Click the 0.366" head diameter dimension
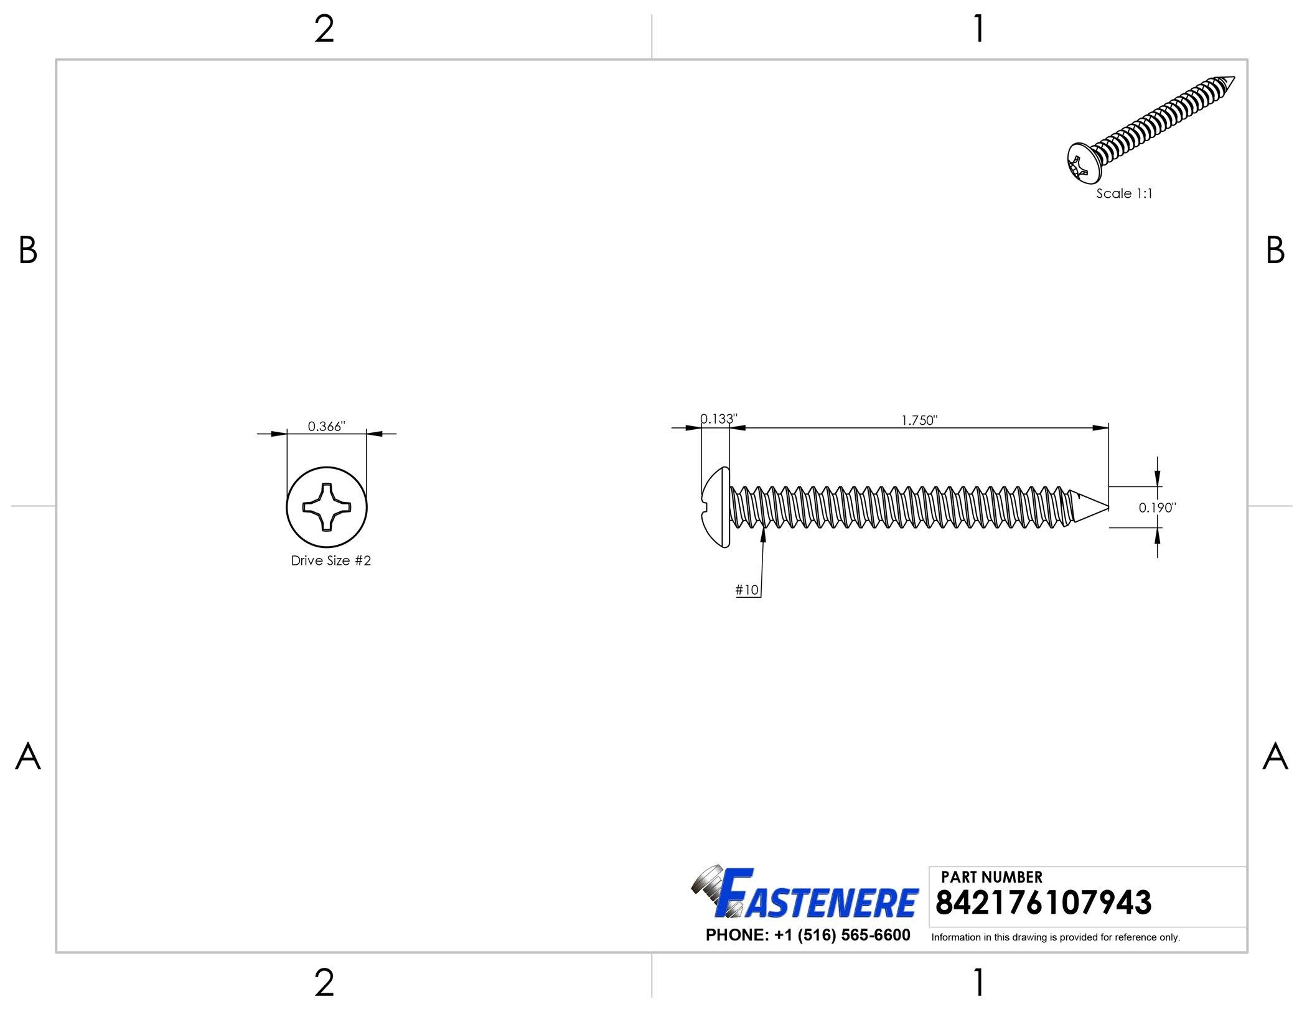tap(326, 426)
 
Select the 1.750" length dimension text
tap(919, 420)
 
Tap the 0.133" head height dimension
tap(719, 419)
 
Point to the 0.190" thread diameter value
tap(1158, 508)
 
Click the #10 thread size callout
tap(747, 590)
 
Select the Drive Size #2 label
tap(331, 560)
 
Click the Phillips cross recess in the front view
tap(326, 508)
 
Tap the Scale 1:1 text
tap(1124, 193)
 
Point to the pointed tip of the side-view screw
tap(1108, 506)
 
